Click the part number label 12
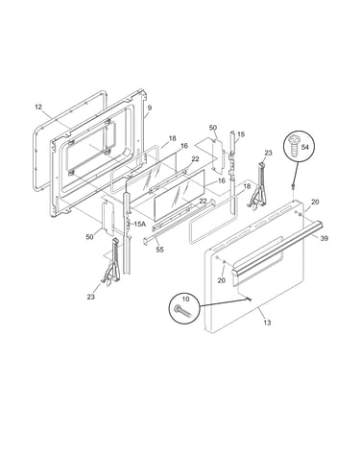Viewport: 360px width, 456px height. click(38, 107)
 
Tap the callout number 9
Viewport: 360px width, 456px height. click(150, 108)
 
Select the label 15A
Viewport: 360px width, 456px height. click(139, 224)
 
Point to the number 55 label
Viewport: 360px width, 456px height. click(159, 250)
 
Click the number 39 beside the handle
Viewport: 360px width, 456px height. click(324, 238)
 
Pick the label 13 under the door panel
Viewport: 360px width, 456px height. click(267, 323)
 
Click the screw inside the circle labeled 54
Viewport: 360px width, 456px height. click(293, 145)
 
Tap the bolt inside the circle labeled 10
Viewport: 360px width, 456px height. click(182, 311)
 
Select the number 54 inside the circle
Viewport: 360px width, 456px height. click(305, 147)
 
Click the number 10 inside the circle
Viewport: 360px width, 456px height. click(185, 300)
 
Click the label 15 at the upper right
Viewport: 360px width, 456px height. click(241, 134)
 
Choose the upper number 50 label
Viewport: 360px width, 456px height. click(213, 128)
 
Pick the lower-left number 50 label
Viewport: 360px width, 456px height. click(89, 237)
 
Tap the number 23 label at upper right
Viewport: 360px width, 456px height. click(268, 153)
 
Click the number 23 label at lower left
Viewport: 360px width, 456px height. click(91, 297)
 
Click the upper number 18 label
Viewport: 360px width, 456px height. click(172, 138)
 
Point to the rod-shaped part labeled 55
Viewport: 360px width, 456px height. click(179, 223)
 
